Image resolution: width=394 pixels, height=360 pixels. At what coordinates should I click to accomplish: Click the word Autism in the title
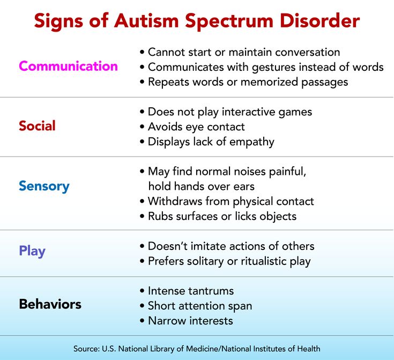click(147, 20)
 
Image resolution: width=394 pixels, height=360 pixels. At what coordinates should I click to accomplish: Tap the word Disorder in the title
click(319, 20)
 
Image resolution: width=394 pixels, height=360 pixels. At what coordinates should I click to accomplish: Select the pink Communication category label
click(69, 66)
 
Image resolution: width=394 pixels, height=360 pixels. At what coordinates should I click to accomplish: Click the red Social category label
click(37, 126)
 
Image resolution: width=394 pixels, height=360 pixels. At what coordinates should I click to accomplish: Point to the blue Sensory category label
click(44, 186)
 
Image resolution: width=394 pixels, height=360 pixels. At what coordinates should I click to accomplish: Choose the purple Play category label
click(32, 251)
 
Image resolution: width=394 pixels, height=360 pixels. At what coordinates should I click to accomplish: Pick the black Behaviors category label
click(50, 304)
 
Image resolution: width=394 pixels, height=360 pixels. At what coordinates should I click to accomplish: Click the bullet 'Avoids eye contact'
click(192, 127)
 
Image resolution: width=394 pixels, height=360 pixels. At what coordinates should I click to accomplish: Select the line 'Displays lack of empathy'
click(207, 142)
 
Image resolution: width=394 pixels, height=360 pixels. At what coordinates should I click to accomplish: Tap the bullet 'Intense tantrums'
click(187, 291)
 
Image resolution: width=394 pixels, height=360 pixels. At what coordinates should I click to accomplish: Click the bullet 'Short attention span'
click(196, 306)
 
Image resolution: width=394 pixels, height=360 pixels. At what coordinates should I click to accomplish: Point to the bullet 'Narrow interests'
click(187, 321)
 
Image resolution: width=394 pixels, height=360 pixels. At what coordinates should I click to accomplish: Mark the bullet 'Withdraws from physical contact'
click(227, 201)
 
